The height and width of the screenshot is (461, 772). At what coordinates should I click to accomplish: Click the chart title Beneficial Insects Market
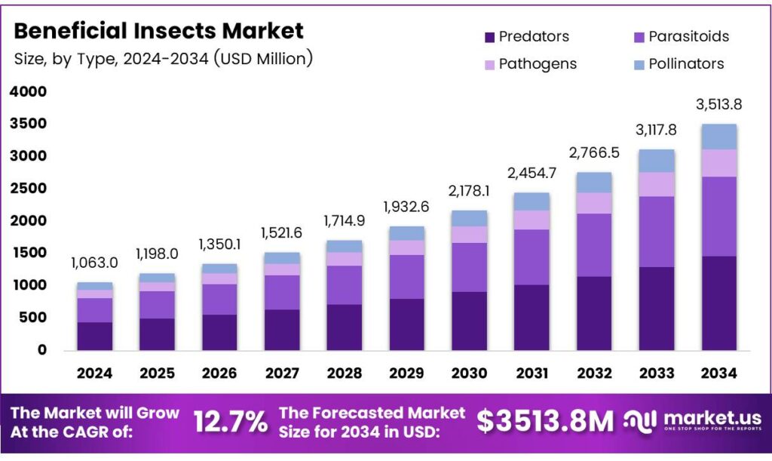coord(159,31)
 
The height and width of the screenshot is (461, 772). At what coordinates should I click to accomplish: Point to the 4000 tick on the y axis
coord(29,92)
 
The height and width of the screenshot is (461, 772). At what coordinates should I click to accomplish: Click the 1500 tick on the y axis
coord(29,253)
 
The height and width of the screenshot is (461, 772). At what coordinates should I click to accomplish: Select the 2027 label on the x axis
coord(281,373)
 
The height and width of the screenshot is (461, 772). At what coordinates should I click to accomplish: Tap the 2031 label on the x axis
coord(532,373)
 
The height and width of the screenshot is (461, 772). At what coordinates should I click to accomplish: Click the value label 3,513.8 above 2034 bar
coord(718,104)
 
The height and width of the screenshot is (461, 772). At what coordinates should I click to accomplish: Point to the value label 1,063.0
coord(94,263)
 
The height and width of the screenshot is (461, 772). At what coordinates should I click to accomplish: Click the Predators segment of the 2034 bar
coord(718,303)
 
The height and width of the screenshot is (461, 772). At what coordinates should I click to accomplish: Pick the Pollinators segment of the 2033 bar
coord(656,161)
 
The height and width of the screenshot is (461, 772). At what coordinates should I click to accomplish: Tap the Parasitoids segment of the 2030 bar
coord(469,267)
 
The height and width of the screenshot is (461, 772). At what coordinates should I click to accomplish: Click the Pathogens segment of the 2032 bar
coord(593,203)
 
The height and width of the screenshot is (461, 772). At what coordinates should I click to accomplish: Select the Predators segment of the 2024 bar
coord(94,336)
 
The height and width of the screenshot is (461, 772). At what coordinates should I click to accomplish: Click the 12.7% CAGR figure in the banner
coord(230,422)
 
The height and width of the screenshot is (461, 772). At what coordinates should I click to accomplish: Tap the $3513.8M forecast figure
coord(546,422)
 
